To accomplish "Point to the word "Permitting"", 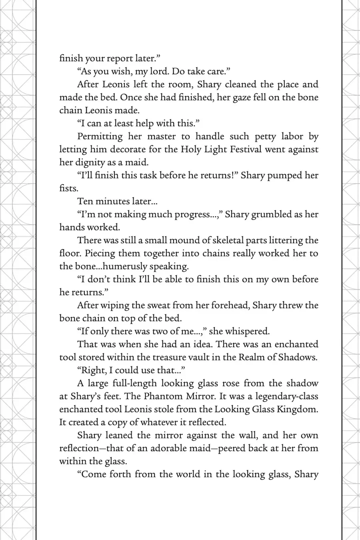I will (x=100, y=136).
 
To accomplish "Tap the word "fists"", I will (x=68, y=188).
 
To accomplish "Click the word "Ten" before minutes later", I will (x=85, y=201).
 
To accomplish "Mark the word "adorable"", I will (x=168, y=448).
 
